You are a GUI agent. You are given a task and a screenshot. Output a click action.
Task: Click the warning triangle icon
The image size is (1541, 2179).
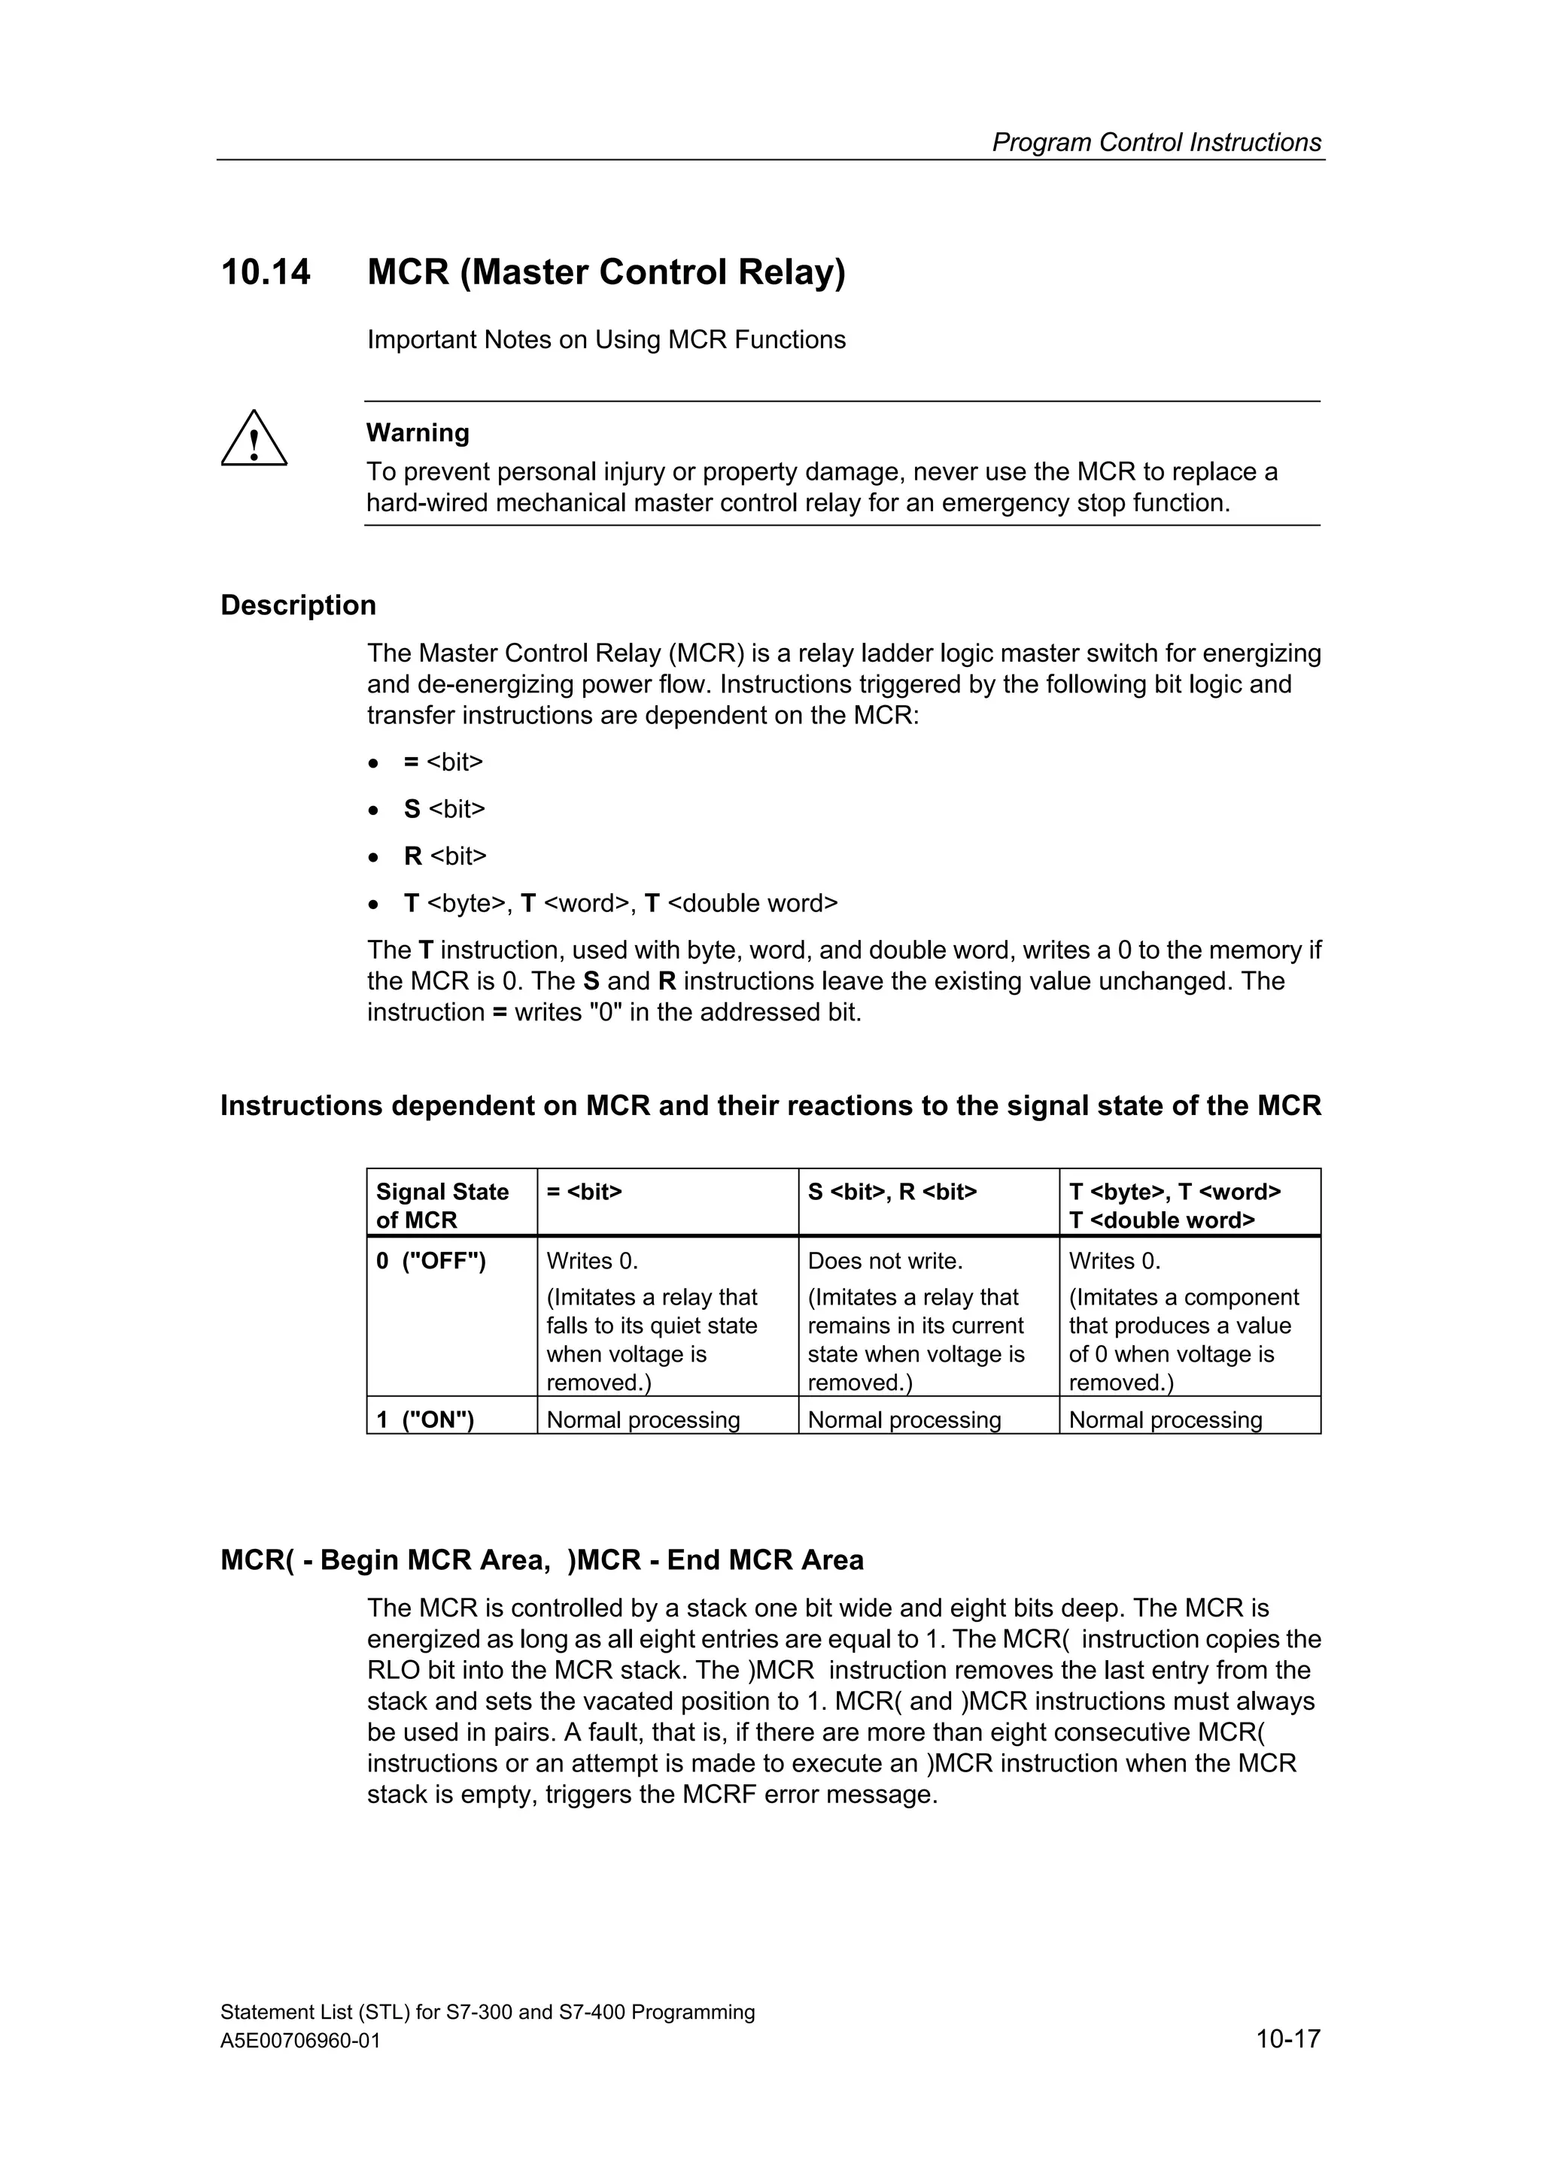pyautogui.click(x=254, y=439)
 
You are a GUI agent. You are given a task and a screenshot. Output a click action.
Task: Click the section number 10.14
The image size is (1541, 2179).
pyautogui.click(x=265, y=272)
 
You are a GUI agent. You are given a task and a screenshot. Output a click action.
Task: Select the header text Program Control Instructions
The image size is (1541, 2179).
pyautogui.click(x=1156, y=142)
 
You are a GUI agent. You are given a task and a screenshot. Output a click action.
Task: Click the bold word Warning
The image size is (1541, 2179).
pyautogui.click(x=418, y=433)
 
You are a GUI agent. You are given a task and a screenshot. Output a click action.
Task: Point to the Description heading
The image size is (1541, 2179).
pyautogui.click(x=298, y=605)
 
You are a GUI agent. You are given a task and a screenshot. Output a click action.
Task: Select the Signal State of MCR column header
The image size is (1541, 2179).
pyautogui.click(x=442, y=1205)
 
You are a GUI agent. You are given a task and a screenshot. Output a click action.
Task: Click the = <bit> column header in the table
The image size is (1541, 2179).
pyautogui.click(x=584, y=1192)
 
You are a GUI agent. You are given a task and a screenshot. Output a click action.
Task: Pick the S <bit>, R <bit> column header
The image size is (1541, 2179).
pyautogui.click(x=892, y=1192)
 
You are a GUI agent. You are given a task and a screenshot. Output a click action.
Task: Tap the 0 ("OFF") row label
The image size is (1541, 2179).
pyautogui.click(x=431, y=1261)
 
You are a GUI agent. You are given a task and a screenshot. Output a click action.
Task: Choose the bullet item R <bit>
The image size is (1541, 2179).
pyautogui.click(x=445, y=856)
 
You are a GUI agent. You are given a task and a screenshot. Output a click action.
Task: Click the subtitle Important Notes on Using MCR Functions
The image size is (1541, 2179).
pyautogui.click(x=606, y=340)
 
